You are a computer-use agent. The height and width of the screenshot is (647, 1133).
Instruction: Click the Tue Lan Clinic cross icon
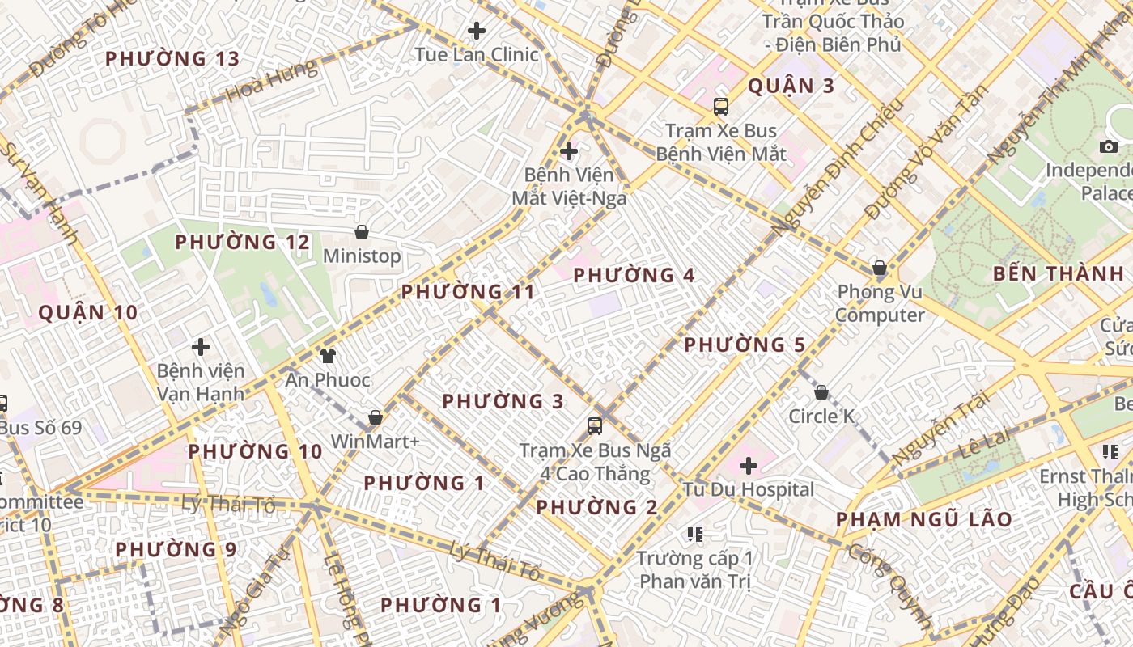click(x=477, y=32)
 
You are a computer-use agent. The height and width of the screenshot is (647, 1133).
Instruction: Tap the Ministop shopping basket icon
click(x=362, y=233)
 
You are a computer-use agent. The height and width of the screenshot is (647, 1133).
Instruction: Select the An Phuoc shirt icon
click(x=327, y=355)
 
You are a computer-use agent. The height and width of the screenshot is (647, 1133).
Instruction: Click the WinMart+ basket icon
click(x=376, y=418)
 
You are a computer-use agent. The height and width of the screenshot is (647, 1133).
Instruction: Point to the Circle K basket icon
click(x=821, y=393)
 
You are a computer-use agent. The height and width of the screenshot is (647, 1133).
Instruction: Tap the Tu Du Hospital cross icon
click(x=749, y=466)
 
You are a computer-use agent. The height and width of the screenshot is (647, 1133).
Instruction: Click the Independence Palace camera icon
click(x=1109, y=147)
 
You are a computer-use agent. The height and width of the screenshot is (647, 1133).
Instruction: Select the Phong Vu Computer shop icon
click(x=880, y=268)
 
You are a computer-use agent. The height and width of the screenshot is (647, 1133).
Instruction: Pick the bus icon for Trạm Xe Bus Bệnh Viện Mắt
click(x=720, y=107)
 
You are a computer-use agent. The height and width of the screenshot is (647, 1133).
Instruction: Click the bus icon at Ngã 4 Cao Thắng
click(x=595, y=426)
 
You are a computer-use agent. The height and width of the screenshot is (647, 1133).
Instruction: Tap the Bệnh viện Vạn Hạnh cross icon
click(x=201, y=348)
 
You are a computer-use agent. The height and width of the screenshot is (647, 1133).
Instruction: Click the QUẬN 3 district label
click(x=791, y=86)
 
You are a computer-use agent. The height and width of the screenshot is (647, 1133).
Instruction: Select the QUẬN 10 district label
click(x=88, y=312)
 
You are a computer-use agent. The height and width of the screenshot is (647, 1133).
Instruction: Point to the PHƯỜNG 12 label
click(x=242, y=242)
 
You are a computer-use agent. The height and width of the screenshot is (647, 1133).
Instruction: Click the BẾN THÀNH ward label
click(x=1059, y=273)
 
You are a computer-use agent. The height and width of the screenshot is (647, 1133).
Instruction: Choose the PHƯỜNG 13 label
click(x=172, y=58)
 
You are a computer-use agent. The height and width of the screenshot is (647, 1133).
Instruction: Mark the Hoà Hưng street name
click(x=271, y=79)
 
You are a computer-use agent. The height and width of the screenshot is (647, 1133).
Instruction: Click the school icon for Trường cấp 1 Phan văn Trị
click(x=694, y=535)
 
